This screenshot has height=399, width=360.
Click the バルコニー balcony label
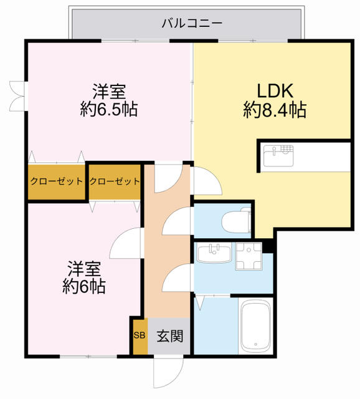pos(192,24)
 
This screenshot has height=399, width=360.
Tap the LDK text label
pos(275,90)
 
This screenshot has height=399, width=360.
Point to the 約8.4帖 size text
pos(275,110)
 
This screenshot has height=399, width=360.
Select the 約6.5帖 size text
pos(109,110)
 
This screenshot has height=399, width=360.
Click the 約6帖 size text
pos(84,287)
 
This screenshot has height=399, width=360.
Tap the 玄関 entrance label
pos(169,336)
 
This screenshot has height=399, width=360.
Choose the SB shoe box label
pos(140,335)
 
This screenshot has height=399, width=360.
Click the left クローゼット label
pos(57,181)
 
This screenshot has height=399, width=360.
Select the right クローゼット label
pos(115,181)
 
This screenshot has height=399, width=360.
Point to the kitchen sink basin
pos(278,156)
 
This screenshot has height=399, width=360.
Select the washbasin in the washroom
pos(214,252)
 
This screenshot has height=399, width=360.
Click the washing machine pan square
pos(249,256)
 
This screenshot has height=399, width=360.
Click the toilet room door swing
pos(176,221)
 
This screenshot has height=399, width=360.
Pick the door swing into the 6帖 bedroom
pos(125,243)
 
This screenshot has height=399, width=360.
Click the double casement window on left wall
pos(18,96)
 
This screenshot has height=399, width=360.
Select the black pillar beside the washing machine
pos(268,247)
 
